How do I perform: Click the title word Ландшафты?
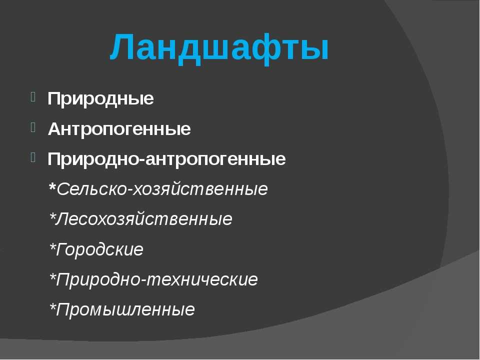220,48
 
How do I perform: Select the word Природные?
100,99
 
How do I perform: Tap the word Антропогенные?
119,129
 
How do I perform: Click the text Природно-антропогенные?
166,159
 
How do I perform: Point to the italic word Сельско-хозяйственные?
162,189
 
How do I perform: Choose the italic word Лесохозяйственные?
144,219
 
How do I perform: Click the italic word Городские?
100,249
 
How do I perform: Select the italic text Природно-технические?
157,279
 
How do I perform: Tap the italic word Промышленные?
125,309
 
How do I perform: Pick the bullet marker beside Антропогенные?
32,127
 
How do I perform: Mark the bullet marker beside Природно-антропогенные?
32,157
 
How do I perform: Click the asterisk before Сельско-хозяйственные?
52,186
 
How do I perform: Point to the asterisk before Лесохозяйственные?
52,216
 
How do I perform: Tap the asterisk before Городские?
52,246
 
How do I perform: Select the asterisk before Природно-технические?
52,276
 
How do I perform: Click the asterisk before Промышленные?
52,306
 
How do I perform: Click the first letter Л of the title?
124,48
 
